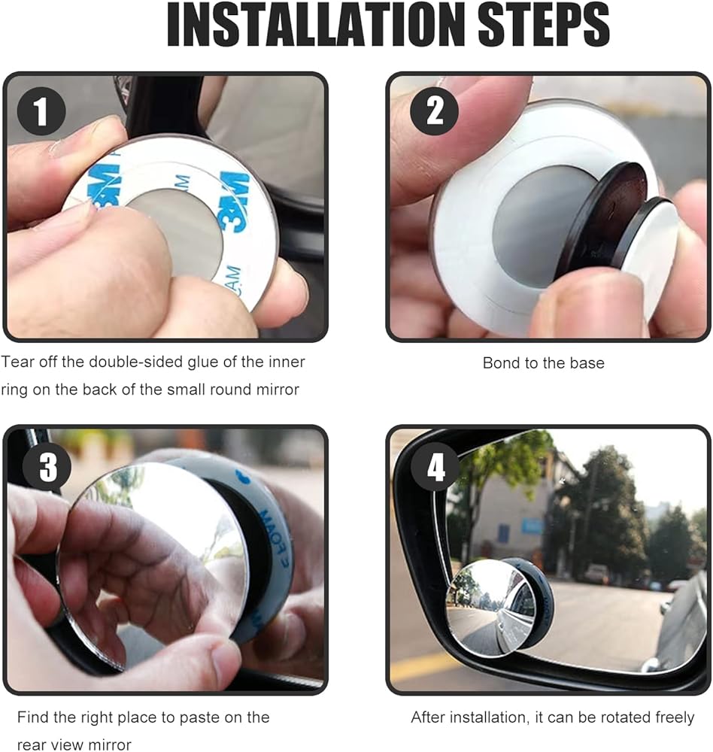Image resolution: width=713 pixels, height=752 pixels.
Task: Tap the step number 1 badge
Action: [x=41, y=111]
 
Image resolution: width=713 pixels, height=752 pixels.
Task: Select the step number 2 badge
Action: [x=434, y=111]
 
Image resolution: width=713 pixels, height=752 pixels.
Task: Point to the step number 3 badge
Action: [x=47, y=467]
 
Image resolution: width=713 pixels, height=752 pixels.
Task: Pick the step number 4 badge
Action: [x=435, y=467]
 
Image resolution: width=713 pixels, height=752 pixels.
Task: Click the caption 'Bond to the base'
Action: [x=543, y=363]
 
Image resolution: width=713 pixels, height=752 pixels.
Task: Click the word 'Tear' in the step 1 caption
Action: [x=17, y=362]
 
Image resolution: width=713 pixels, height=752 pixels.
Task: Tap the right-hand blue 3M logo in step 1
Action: [x=234, y=202]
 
